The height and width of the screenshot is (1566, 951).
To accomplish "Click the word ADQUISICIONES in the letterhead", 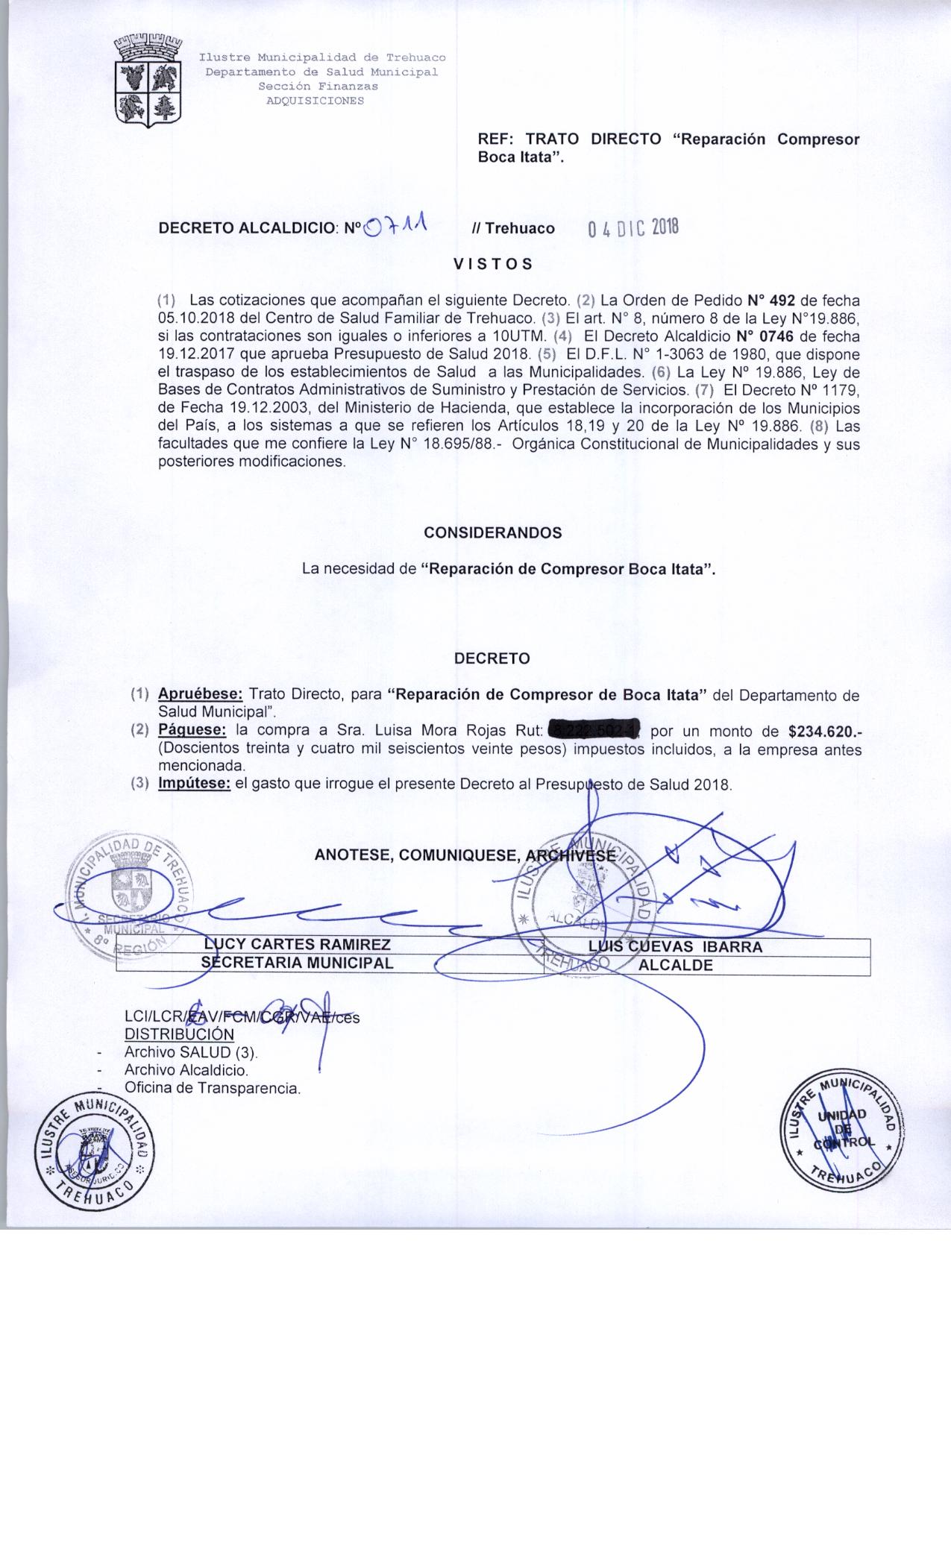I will (316, 101).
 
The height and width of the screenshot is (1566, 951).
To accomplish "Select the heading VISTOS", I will (493, 264).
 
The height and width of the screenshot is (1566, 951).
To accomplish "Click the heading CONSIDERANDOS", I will (492, 533).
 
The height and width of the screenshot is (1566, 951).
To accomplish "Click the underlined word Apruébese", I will (200, 695).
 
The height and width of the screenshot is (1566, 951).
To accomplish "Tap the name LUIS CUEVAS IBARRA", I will (675, 947).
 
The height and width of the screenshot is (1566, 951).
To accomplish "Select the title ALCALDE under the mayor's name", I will (676, 965).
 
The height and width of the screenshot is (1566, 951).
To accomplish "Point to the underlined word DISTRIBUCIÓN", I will (179, 1034).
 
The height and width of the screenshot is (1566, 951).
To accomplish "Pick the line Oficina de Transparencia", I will (213, 1088).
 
